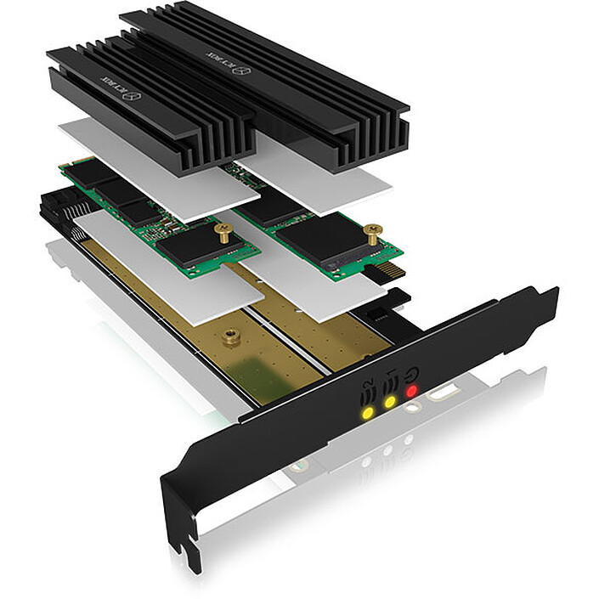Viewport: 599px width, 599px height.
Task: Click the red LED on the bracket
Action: tap(411, 392)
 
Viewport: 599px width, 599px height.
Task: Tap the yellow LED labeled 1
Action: tap(390, 402)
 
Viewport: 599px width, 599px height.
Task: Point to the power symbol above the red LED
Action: tap(412, 372)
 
